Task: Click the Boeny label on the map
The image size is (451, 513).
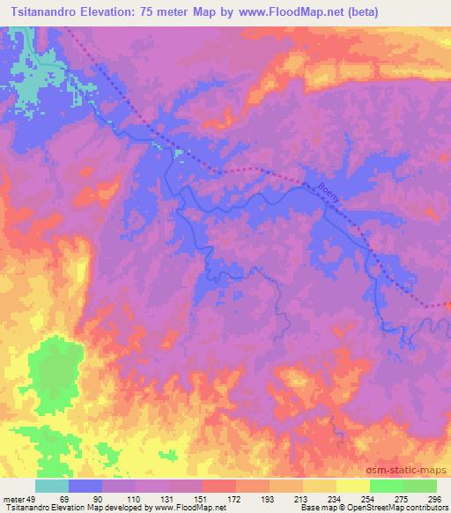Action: (329, 191)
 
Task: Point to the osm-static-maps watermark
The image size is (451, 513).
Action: (408, 467)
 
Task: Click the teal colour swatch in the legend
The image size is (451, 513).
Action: (52, 486)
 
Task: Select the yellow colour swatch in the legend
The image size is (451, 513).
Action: (352, 486)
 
